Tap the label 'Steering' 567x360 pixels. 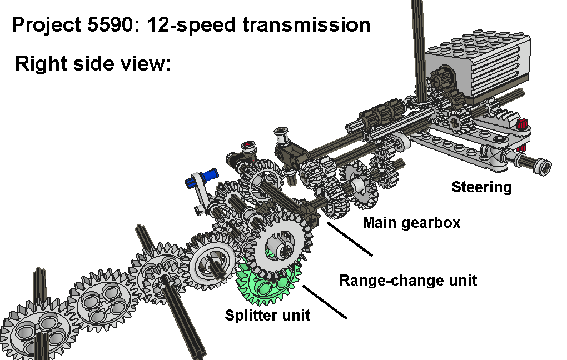click(481, 187)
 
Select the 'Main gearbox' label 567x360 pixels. click(411, 223)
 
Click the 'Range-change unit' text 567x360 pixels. click(408, 280)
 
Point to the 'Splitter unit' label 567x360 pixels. click(267, 316)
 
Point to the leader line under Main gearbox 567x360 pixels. click(350, 239)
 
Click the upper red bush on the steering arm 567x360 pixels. click(522, 124)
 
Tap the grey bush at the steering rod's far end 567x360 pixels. click(543, 165)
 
